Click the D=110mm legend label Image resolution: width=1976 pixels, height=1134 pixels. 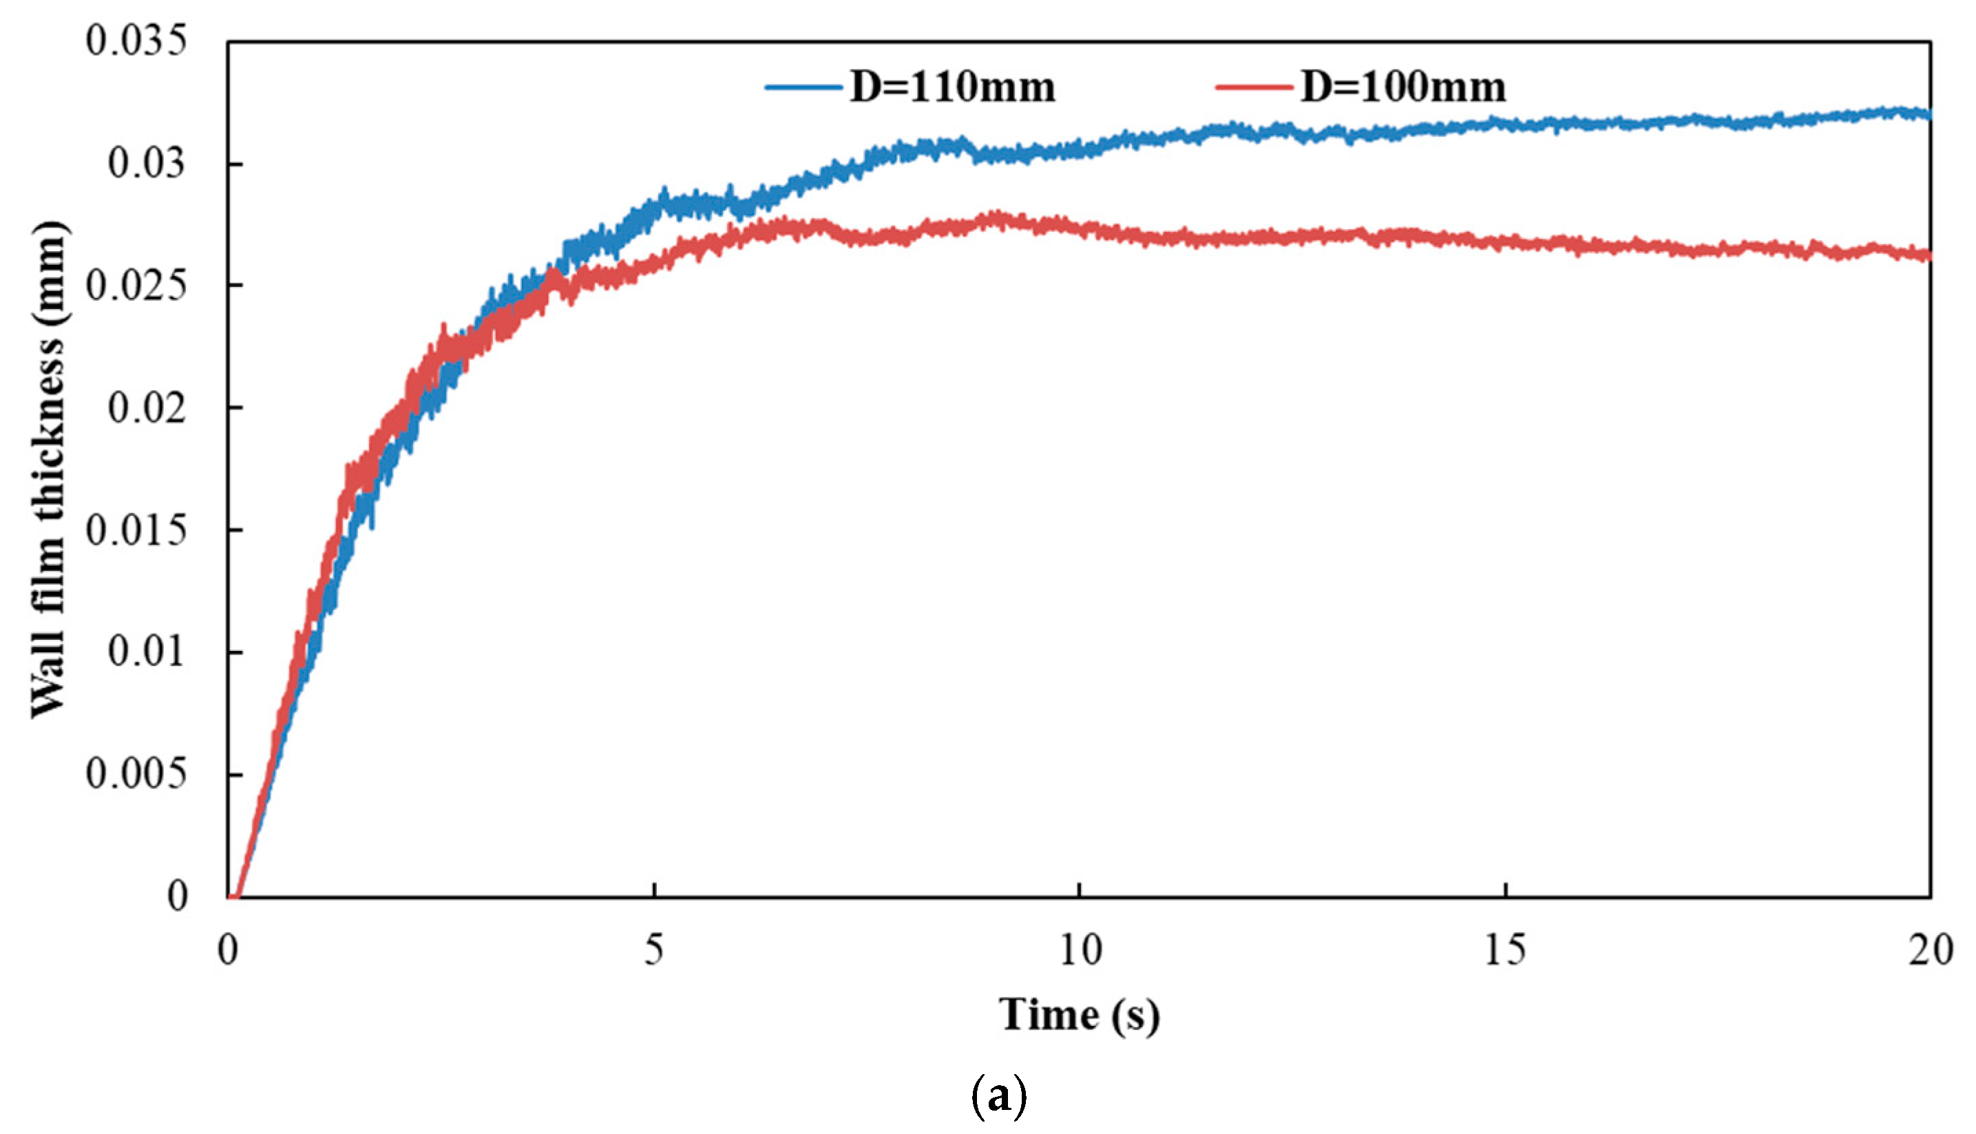[952, 87]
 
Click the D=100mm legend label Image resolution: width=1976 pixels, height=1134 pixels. [1402, 87]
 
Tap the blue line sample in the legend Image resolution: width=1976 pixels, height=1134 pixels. [804, 87]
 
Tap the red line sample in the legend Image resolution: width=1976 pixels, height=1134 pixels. [1254, 87]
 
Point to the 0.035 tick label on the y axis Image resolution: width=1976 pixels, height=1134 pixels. [136, 40]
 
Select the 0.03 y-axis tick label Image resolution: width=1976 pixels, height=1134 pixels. [147, 163]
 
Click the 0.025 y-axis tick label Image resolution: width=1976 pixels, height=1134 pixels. [136, 286]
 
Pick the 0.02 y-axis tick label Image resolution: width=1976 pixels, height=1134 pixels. [147, 407]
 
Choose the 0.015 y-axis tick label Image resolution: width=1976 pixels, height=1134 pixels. [136, 531]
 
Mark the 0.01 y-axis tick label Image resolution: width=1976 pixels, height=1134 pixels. [147, 652]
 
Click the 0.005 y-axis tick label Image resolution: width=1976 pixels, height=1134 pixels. [136, 774]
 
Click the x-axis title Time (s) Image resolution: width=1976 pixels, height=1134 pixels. [1079, 1016]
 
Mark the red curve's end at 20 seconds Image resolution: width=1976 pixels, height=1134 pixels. [1928, 255]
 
